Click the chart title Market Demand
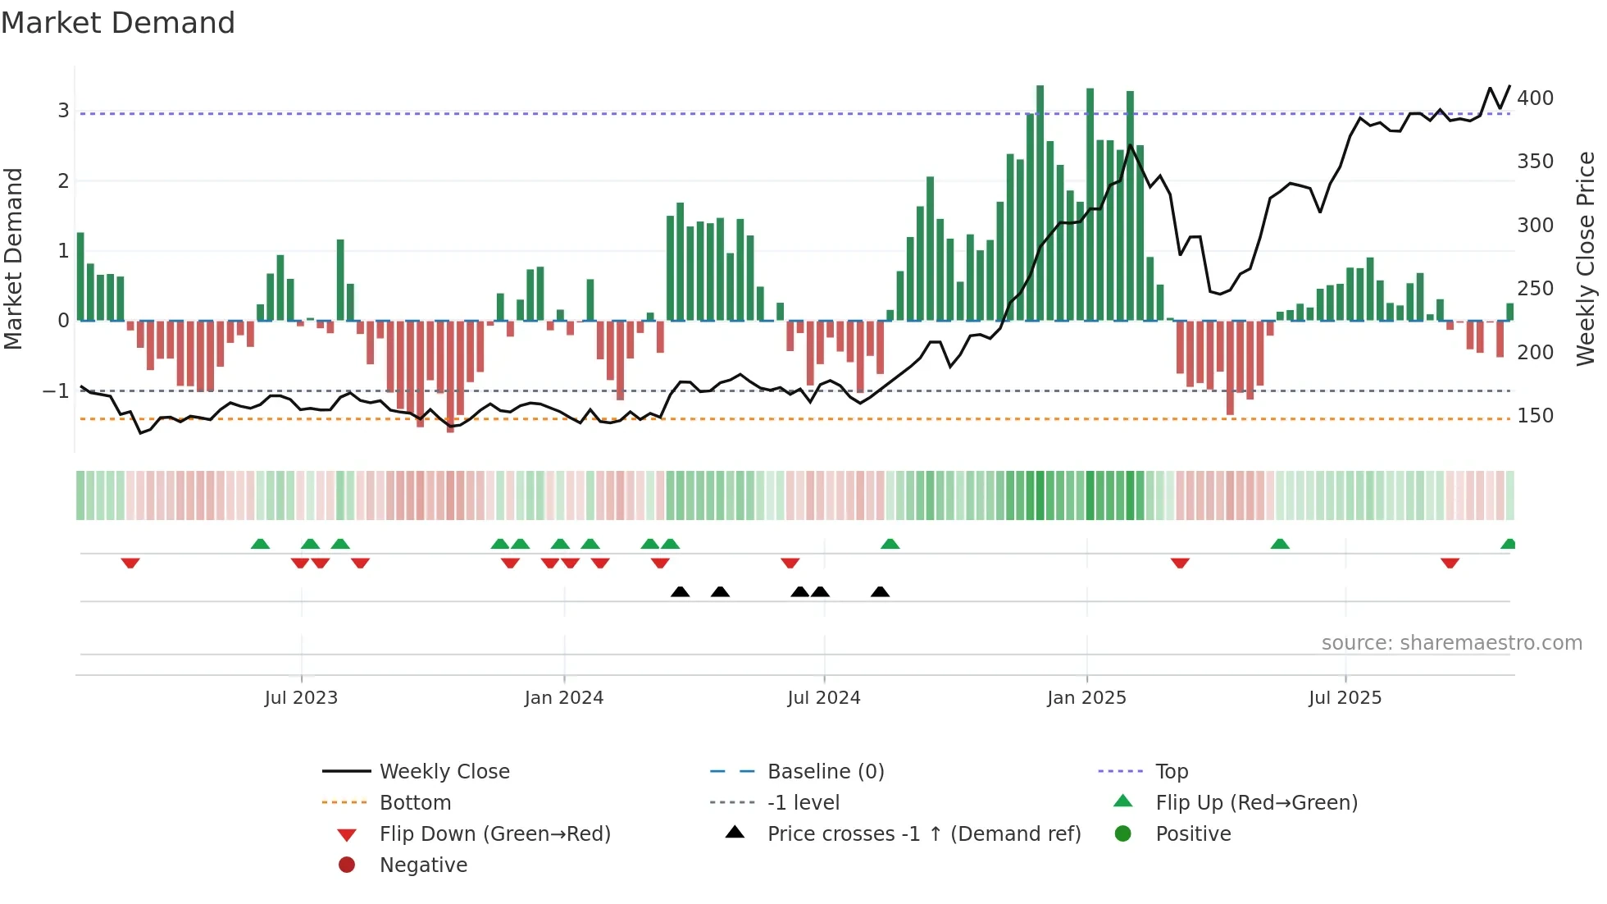118,23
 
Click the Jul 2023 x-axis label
301,697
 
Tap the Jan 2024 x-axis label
564,697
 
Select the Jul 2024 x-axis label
824,697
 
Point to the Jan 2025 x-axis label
1086,697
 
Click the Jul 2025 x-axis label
1345,697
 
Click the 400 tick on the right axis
1535,98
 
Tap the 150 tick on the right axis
1535,416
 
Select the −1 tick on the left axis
56,391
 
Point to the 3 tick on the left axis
63,110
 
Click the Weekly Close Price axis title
1586,258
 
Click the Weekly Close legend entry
444,771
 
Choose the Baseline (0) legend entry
825,771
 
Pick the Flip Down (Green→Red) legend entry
494,833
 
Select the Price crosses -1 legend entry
923,833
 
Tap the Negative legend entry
423,865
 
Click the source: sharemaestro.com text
1451,643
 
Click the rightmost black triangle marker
880,592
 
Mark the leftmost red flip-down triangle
130,563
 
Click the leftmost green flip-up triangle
260,544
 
